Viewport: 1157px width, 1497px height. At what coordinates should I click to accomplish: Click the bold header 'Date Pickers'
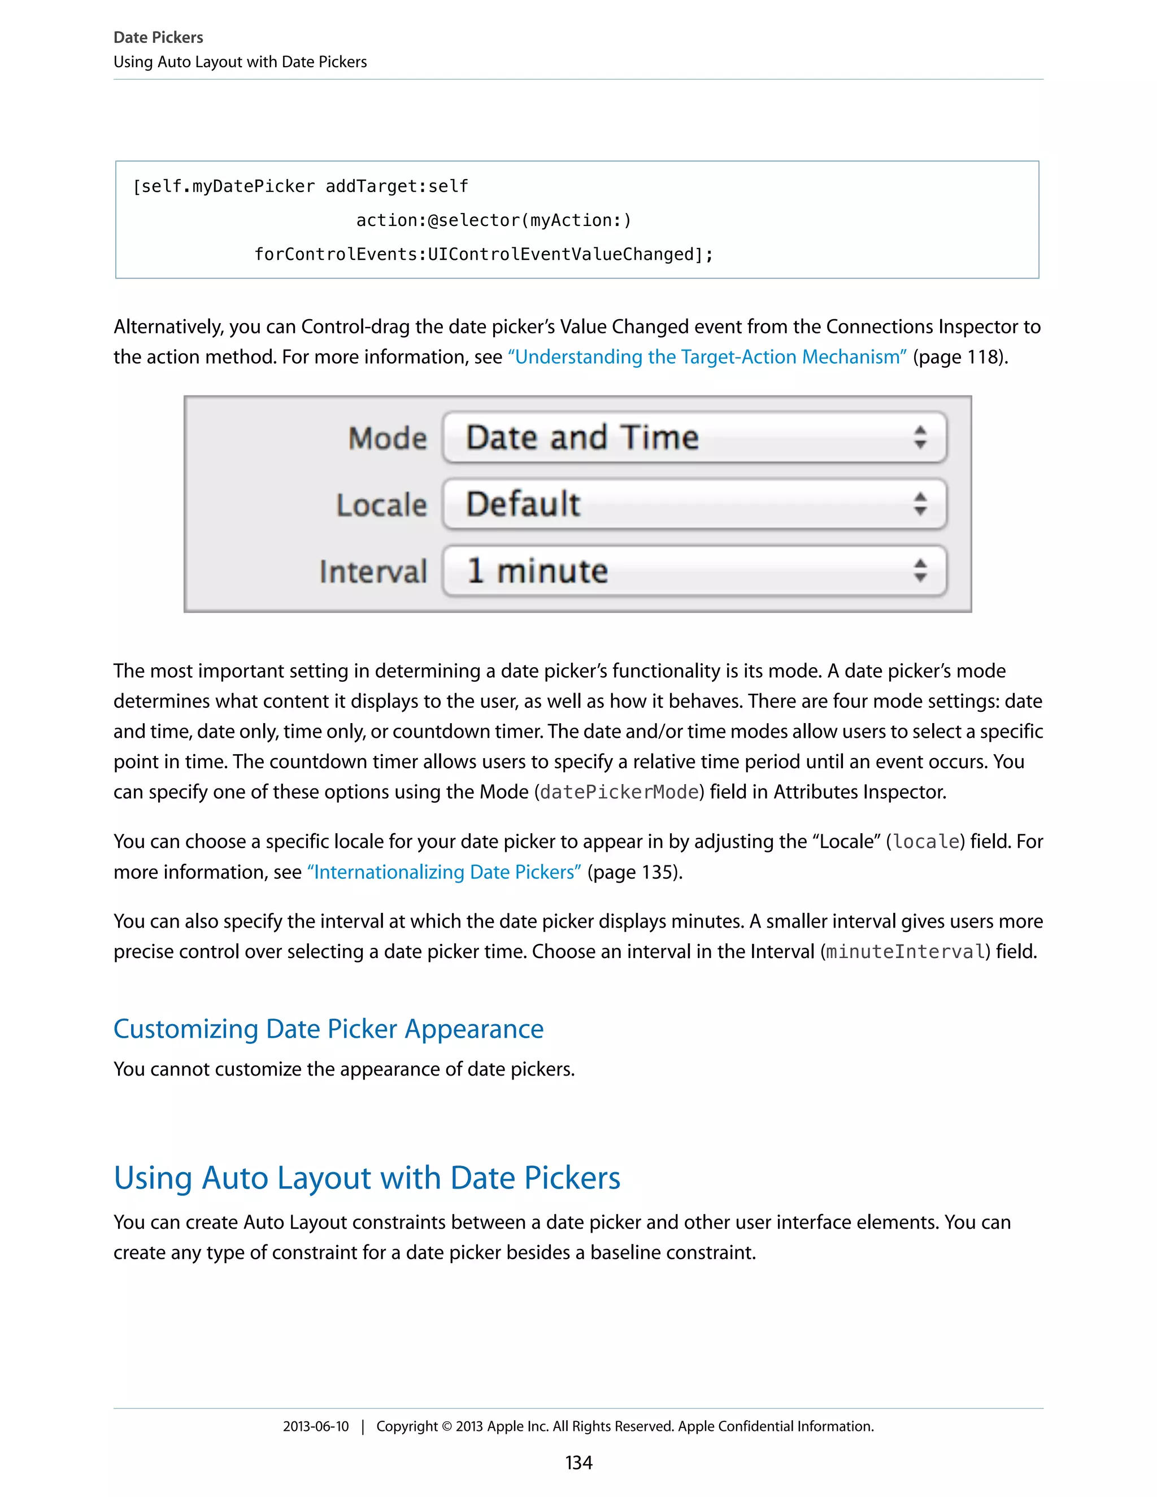tap(158, 37)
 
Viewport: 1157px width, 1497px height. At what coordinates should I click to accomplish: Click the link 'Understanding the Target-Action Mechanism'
tap(707, 357)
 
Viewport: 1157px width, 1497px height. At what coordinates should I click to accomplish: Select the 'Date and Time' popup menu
tap(694, 437)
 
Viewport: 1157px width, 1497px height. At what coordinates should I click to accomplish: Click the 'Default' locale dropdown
tap(694, 504)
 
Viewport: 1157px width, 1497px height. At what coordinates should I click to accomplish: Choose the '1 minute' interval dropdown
tap(694, 571)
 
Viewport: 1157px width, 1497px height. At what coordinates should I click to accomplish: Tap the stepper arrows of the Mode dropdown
tap(920, 437)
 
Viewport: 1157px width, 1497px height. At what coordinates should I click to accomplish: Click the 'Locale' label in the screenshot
tap(382, 505)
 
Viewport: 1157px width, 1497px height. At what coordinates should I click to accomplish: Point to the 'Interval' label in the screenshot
tap(373, 572)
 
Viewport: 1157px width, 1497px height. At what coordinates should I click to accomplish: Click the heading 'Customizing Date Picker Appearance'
tap(328, 1029)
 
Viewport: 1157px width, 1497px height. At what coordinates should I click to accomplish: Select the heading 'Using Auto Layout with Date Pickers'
tap(367, 1178)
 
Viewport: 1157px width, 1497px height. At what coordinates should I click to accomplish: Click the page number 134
tap(578, 1463)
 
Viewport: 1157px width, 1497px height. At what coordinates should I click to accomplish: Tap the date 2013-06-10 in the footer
tap(316, 1426)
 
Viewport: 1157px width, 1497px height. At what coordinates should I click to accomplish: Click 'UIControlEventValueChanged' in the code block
tap(560, 254)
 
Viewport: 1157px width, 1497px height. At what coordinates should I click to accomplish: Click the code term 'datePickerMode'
tap(619, 793)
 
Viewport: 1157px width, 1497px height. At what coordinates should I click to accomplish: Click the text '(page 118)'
tap(960, 357)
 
